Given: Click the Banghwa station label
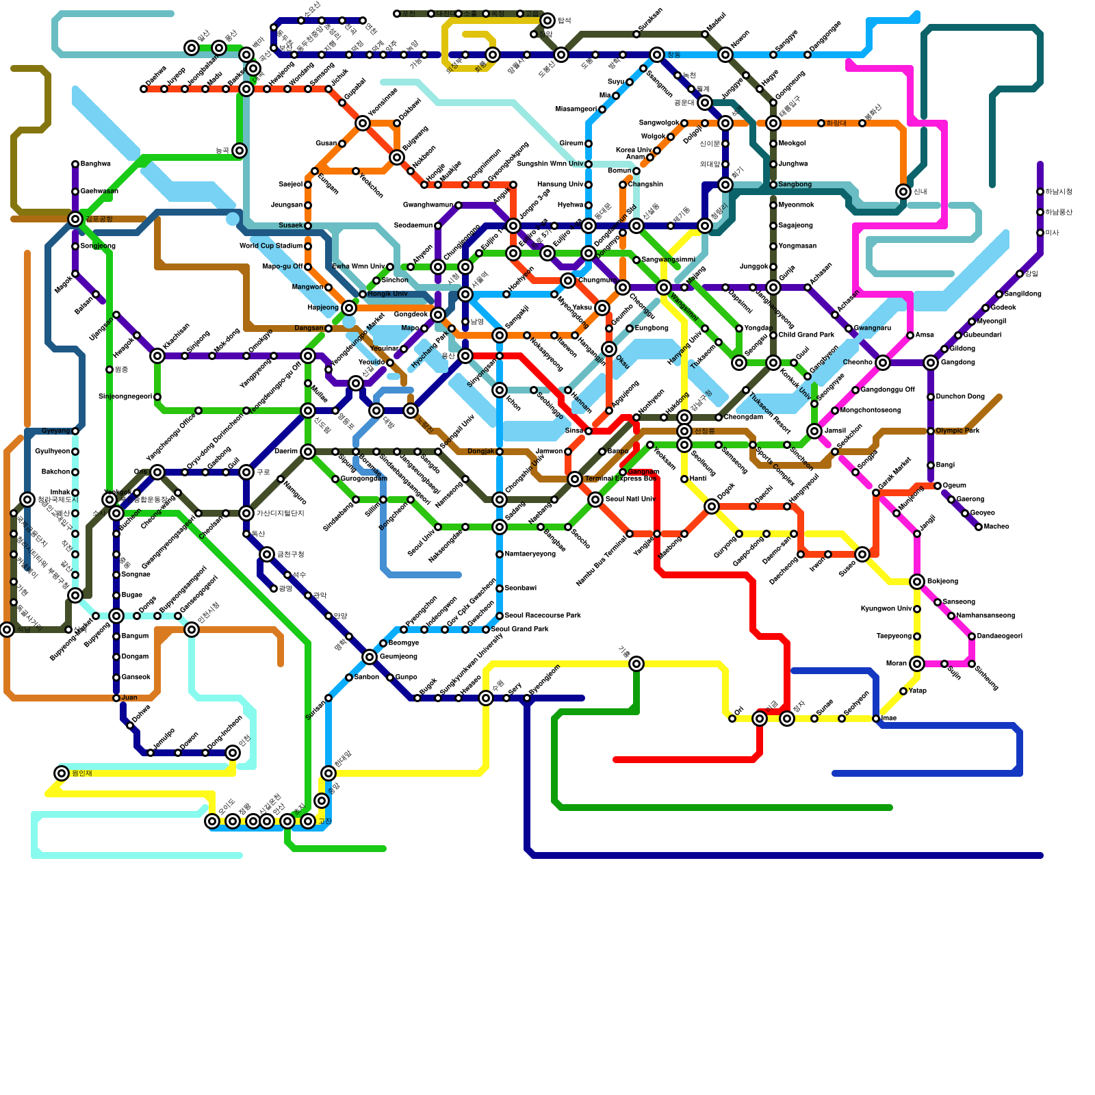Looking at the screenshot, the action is (x=95, y=164).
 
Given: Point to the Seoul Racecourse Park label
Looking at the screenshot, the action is (x=542, y=616).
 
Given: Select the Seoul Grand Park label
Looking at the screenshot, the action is (x=519, y=630).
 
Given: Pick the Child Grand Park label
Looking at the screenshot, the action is (x=806, y=335).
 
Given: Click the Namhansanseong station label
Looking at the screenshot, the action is (x=985, y=616).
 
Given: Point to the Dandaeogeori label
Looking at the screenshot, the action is (x=999, y=636).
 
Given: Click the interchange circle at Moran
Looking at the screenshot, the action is (x=917, y=663).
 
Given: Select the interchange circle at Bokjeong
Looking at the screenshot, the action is (x=917, y=582).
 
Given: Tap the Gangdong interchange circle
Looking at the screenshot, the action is (x=931, y=363).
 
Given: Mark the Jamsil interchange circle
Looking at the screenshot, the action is (x=814, y=431).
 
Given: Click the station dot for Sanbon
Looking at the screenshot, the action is (x=349, y=678).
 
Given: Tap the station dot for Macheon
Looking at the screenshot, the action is (x=979, y=527).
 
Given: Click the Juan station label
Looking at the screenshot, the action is (x=129, y=698).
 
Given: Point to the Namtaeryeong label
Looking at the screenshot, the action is (x=530, y=554).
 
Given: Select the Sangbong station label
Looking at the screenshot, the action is (x=795, y=185).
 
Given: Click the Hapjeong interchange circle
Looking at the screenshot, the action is (x=349, y=308).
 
